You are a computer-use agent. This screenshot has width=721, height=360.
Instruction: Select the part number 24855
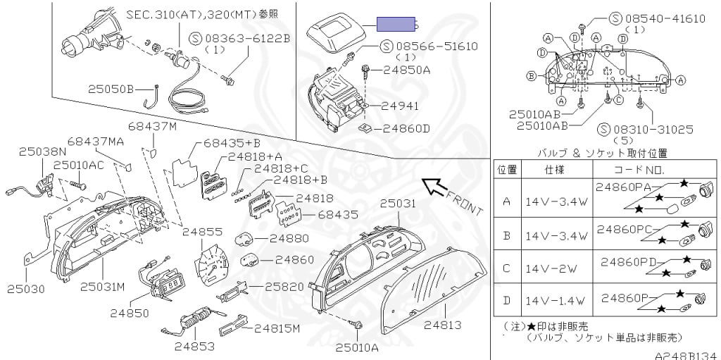click(202, 231)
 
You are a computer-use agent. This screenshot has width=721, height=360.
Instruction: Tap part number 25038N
click(42, 151)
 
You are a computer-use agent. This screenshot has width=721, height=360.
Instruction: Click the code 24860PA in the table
click(623, 187)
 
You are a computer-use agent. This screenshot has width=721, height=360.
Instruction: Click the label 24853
click(195, 346)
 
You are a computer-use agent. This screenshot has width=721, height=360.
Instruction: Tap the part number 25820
click(284, 287)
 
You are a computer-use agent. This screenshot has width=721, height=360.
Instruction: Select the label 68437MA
click(96, 142)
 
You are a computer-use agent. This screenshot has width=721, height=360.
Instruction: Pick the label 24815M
click(277, 328)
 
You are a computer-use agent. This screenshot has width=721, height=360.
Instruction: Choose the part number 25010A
click(357, 346)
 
